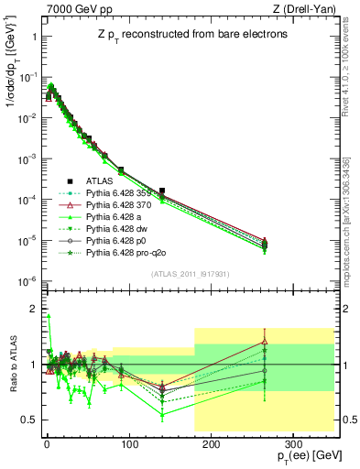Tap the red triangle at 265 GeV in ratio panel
point(265,342)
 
